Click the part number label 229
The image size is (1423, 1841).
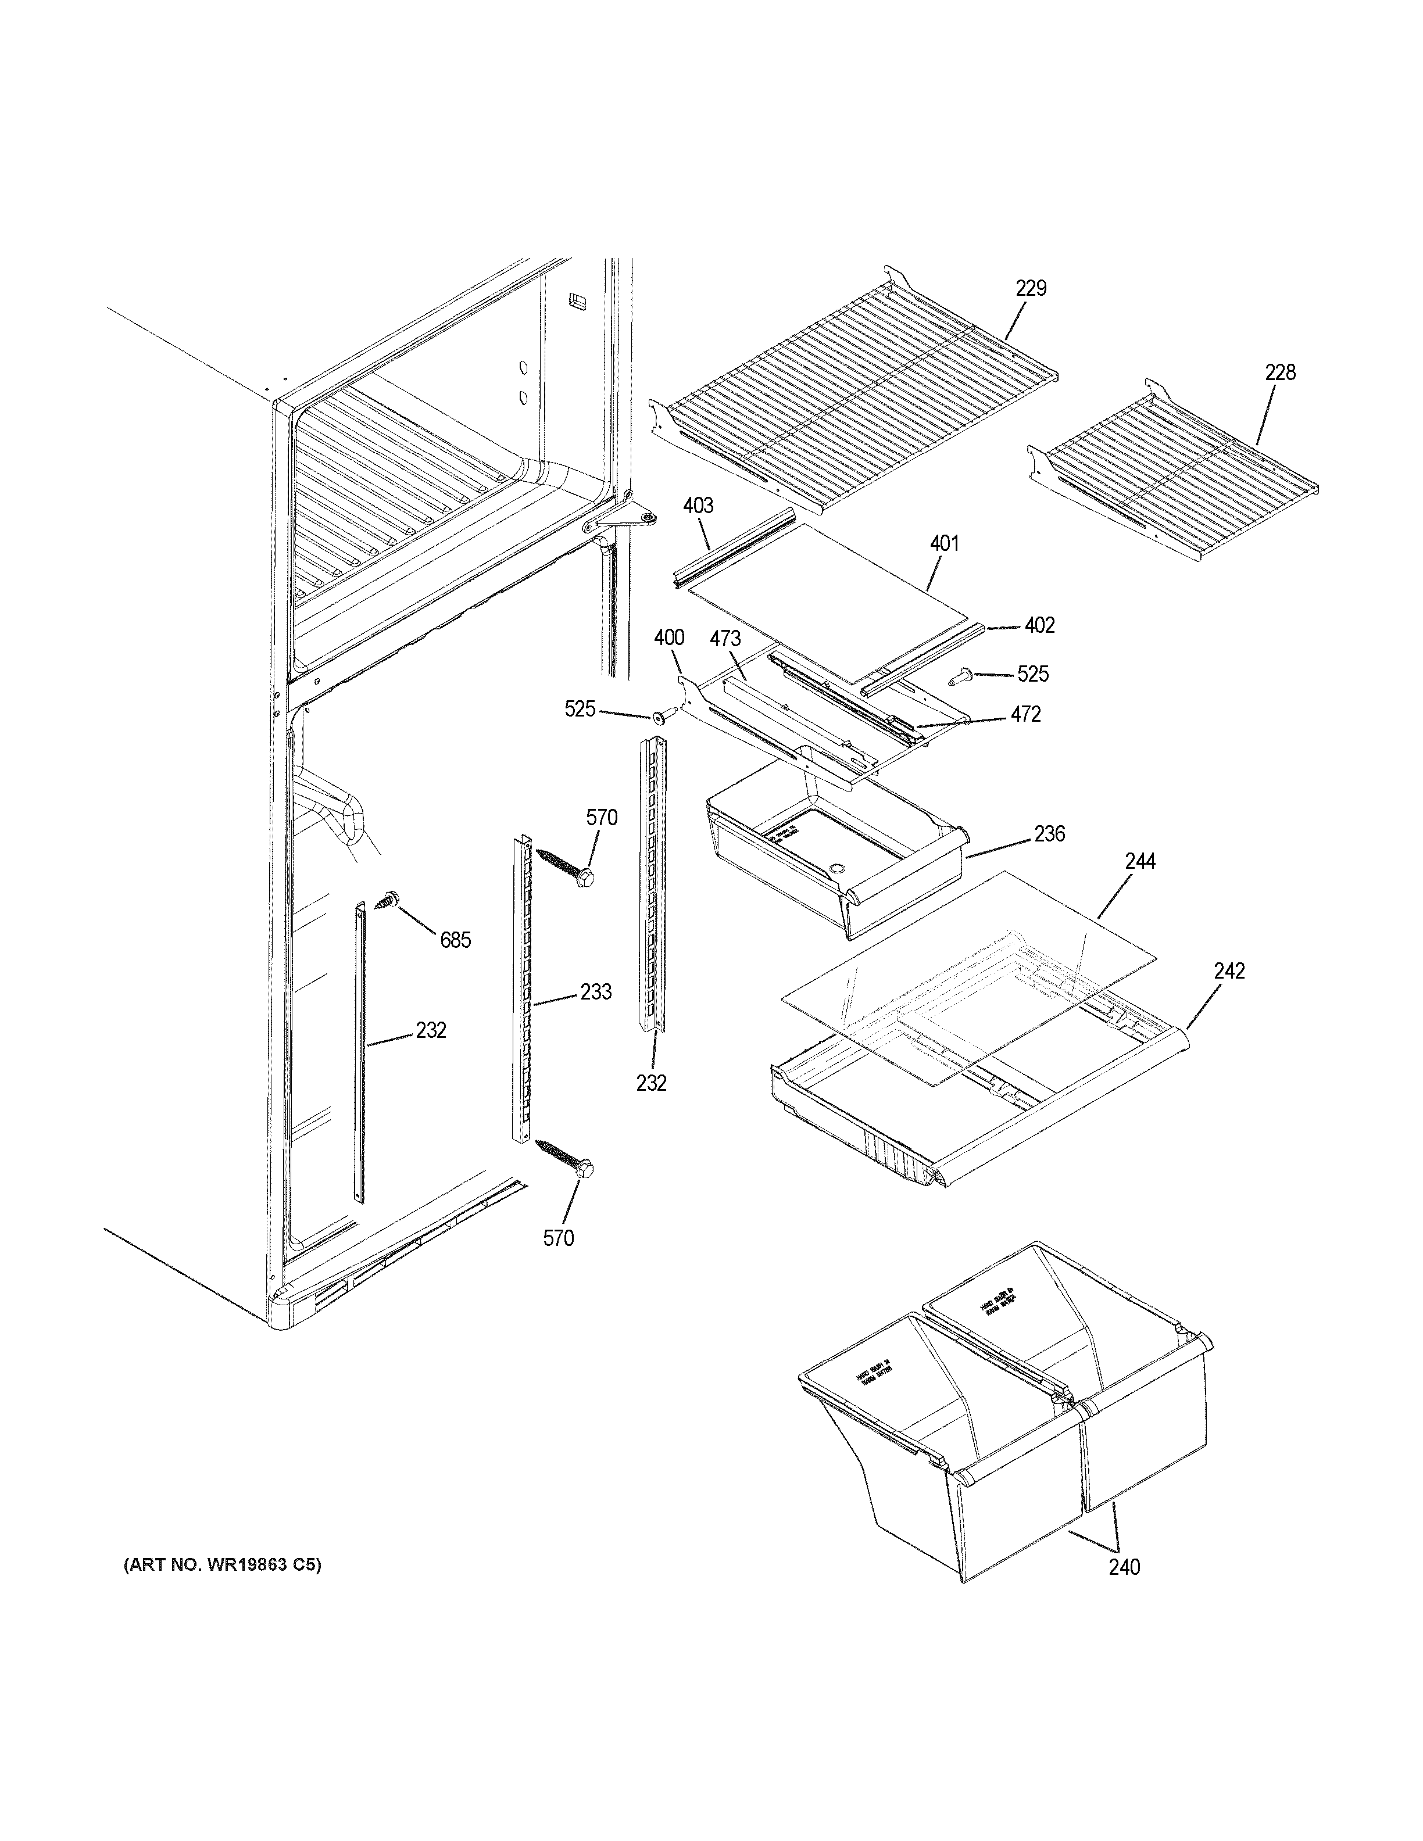coord(1030,288)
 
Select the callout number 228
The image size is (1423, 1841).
coord(1279,372)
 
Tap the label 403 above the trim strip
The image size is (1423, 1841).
coord(698,505)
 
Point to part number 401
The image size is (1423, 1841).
coord(944,544)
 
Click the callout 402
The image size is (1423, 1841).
coord(1039,625)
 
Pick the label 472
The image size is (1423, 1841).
coord(1026,714)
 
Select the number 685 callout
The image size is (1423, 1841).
coord(455,940)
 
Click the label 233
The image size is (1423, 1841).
coord(595,992)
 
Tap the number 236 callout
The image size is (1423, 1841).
coord(1050,834)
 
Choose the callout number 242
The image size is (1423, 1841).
coord(1229,971)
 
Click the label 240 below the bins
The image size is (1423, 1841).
coord(1124,1567)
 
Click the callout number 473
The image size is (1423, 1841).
coord(725,639)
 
